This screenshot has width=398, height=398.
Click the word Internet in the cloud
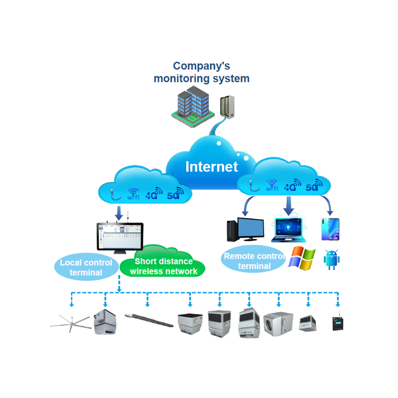[x=212, y=166]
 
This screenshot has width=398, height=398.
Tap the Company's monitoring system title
[x=201, y=72]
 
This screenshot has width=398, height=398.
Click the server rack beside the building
[x=226, y=106]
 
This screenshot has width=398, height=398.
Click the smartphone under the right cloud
[x=330, y=229]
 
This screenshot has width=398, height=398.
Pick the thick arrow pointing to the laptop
[x=289, y=204]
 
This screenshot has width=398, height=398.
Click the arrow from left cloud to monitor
[x=119, y=213]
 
